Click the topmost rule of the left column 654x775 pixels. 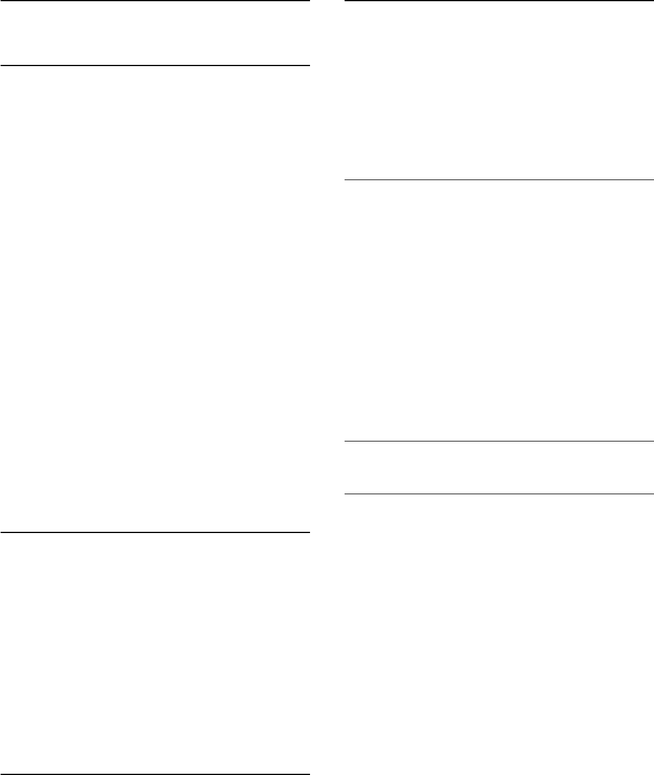tap(155, 1)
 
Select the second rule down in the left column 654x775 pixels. tap(155, 65)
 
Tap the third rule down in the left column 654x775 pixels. tap(155, 532)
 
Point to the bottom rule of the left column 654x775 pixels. tap(155, 774)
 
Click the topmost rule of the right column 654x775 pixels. tap(499, 1)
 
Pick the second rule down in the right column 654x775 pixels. tap(499, 179)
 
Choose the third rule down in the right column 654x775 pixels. tap(499, 441)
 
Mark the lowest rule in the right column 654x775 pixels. tap(499, 494)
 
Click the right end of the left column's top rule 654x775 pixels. tap(308, 1)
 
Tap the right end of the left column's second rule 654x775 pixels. tap(308, 65)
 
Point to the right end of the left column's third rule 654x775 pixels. tap(308, 532)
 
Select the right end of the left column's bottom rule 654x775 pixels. tap(308, 774)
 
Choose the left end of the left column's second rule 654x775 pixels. tap(1, 65)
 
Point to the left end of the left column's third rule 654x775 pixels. tap(1, 532)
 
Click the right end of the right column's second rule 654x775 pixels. tap(652, 179)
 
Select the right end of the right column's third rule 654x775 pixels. tap(652, 441)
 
